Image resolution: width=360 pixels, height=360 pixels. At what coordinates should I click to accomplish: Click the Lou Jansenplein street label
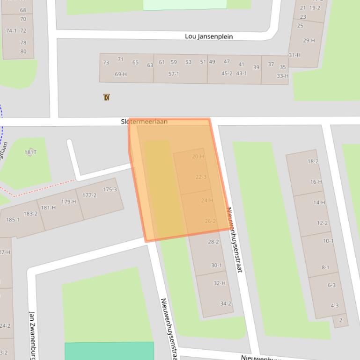209,36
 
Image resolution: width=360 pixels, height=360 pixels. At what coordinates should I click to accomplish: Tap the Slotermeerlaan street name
144,122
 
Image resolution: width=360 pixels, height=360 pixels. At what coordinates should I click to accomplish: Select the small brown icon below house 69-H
107,97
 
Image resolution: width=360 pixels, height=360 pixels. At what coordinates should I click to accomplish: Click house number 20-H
198,157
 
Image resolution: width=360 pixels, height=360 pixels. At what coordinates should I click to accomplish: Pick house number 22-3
201,177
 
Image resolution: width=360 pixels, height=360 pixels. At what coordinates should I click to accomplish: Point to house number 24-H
207,201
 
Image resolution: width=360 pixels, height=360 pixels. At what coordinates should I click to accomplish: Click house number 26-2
210,221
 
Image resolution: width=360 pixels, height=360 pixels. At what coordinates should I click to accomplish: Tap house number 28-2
213,242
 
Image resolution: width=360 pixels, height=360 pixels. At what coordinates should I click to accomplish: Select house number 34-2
226,304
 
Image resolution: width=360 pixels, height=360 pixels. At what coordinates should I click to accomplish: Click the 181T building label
30,152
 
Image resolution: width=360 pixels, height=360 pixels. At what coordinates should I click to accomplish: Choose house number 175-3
110,189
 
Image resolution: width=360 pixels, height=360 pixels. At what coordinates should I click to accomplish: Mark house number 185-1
13,220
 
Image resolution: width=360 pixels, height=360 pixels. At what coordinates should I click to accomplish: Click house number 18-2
313,162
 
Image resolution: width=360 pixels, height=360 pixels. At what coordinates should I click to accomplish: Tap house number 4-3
334,306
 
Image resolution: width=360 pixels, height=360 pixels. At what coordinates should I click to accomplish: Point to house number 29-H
309,41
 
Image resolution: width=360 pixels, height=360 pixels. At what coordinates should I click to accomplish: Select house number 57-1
174,74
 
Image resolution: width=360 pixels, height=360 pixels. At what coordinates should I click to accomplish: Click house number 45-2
227,73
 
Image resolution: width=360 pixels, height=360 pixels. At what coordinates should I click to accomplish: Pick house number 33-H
282,76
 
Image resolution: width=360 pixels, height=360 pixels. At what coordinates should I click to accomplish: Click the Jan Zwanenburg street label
32,334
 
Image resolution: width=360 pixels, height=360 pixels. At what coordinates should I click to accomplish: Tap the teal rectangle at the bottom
109,351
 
